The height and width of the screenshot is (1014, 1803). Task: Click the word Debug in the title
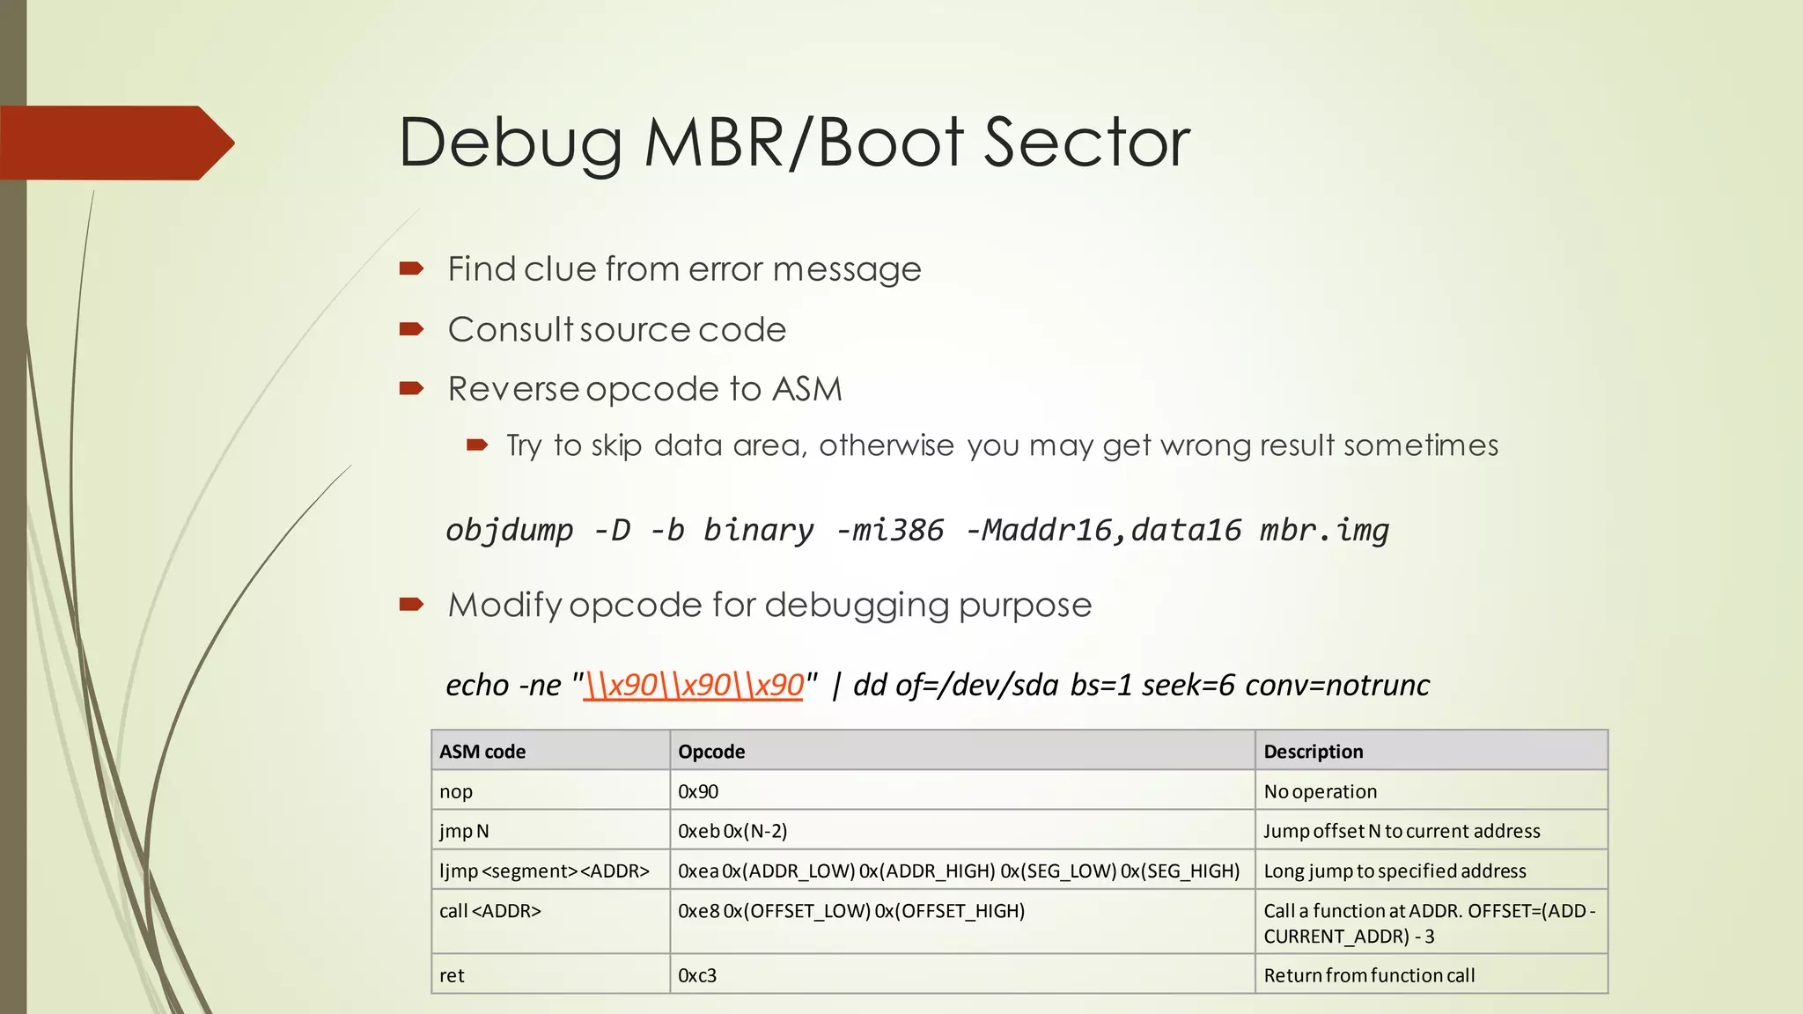point(511,143)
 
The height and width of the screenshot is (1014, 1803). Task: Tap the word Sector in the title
point(1086,143)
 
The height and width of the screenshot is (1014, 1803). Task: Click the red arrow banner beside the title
point(114,143)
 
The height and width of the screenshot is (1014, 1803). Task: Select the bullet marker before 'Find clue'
point(411,268)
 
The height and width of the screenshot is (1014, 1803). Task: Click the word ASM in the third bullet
point(806,389)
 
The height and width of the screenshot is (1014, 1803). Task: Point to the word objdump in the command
point(509,530)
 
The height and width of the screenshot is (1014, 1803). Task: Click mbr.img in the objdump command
point(1324,530)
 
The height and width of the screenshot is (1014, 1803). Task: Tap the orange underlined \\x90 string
point(694,685)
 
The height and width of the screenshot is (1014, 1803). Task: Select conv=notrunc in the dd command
point(1337,685)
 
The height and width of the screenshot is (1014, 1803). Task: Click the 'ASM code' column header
point(482,752)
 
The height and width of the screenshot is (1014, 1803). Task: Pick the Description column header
point(1313,752)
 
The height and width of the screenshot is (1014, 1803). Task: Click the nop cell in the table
point(456,791)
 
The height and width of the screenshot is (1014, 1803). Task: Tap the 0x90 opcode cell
point(698,791)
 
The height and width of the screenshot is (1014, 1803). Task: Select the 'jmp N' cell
point(464,831)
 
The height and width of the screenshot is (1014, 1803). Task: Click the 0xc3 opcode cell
point(697,975)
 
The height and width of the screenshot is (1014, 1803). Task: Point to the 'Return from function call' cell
point(1369,975)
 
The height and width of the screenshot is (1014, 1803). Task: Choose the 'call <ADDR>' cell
point(490,911)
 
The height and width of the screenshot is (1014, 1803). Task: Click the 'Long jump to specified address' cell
point(1395,871)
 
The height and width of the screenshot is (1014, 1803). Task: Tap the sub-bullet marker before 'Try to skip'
point(477,445)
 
